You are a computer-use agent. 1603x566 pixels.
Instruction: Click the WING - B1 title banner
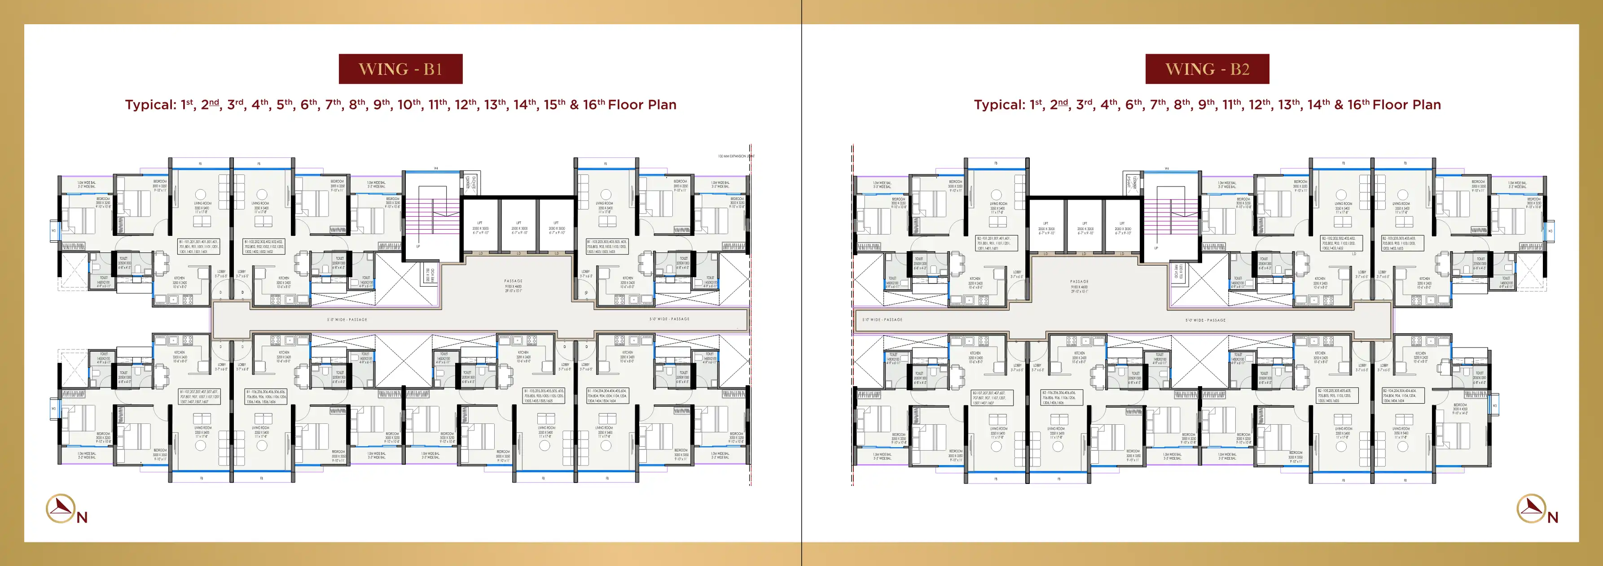(400, 69)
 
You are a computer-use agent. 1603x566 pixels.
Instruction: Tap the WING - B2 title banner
(1207, 69)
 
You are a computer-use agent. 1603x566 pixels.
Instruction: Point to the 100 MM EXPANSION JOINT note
(735, 156)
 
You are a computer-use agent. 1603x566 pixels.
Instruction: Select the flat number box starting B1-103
(607, 246)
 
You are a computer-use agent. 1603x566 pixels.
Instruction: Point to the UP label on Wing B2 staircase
(1155, 248)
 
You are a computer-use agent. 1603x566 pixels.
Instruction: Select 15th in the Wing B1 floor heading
(554, 104)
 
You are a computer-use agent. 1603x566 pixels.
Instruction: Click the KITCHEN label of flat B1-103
(627, 280)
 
